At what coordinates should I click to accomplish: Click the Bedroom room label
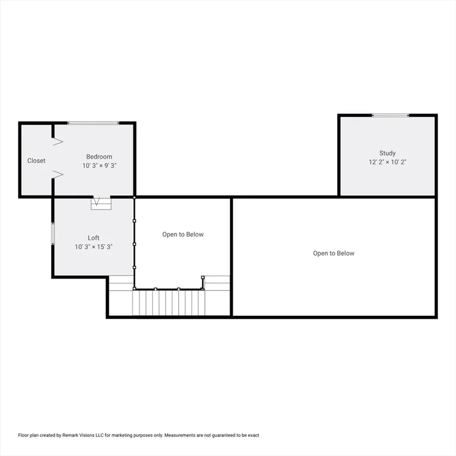[x=99, y=157]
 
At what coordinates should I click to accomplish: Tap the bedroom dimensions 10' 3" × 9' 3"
[x=99, y=166]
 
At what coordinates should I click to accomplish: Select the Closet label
[x=36, y=161]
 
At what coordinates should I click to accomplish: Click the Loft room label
[x=94, y=237]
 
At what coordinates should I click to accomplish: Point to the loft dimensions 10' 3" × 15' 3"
[x=94, y=246]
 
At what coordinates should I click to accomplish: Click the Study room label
[x=388, y=153]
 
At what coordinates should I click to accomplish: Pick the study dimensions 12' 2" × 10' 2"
[x=388, y=161]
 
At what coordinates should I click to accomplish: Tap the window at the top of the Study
[x=390, y=115]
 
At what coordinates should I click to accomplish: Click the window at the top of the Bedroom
[x=93, y=123]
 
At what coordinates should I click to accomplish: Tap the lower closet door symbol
[x=58, y=173]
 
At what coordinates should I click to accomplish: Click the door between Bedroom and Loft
[x=101, y=203]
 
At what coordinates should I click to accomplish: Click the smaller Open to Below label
[x=183, y=235]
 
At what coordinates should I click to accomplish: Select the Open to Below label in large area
[x=334, y=254]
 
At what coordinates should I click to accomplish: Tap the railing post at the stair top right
[x=203, y=277]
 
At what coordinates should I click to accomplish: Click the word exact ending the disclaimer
[x=253, y=435]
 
